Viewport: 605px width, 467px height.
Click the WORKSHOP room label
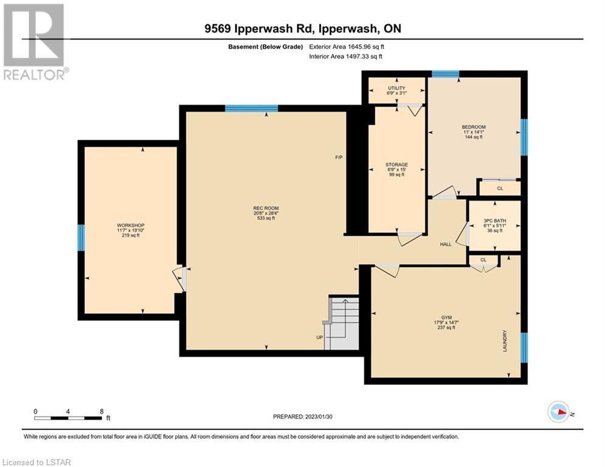tap(131, 226)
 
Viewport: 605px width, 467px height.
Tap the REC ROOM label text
tap(266, 209)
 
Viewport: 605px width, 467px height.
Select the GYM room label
tap(446, 317)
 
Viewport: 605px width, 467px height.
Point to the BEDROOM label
tap(474, 127)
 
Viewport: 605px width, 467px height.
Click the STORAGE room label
tap(396, 164)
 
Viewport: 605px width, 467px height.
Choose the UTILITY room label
tap(396, 88)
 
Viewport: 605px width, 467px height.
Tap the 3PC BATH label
tap(495, 221)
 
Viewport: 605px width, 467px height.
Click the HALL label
tap(446, 244)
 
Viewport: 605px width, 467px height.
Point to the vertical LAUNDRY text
tap(505, 341)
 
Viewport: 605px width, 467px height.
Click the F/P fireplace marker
tap(339, 157)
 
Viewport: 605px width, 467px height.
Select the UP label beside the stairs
tap(319, 337)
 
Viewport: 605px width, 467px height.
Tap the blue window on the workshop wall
tap(81, 238)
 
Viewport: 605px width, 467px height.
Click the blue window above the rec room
tap(252, 108)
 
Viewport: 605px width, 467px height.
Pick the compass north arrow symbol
tap(559, 412)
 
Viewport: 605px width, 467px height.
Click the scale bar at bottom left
tap(68, 418)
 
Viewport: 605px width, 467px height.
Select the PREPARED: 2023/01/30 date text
tap(303, 417)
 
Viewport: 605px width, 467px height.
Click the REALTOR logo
tap(35, 42)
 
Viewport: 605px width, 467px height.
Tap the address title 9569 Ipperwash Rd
tap(258, 29)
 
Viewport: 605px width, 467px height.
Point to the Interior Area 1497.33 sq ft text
tap(346, 57)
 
